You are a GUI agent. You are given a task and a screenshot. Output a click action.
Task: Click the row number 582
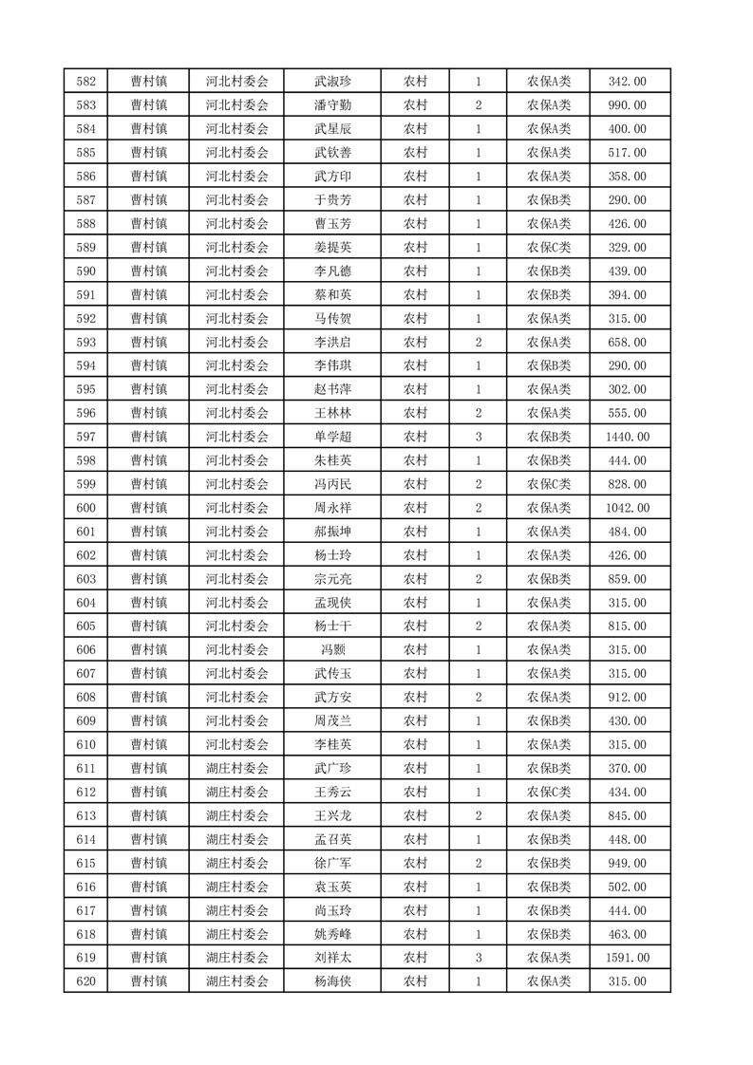pyautogui.click(x=85, y=82)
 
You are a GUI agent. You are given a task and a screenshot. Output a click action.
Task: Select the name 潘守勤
pyautogui.click(x=332, y=105)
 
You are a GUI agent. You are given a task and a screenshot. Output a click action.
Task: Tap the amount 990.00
pyautogui.click(x=627, y=105)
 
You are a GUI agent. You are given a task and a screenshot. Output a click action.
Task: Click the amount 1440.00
pyautogui.click(x=627, y=437)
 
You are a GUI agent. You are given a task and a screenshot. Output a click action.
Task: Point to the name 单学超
pyautogui.click(x=332, y=437)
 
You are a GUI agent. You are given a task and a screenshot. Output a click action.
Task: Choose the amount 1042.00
pyautogui.click(x=627, y=508)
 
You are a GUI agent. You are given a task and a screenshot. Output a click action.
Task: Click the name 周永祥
pyautogui.click(x=332, y=508)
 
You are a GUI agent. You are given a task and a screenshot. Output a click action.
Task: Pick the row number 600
pyautogui.click(x=85, y=508)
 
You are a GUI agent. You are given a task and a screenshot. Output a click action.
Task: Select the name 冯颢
pyautogui.click(x=332, y=650)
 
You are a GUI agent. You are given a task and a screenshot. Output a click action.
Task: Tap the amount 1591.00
pyautogui.click(x=627, y=958)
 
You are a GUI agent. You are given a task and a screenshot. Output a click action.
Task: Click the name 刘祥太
pyautogui.click(x=332, y=958)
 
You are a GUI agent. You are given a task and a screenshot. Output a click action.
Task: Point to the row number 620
pyautogui.click(x=85, y=981)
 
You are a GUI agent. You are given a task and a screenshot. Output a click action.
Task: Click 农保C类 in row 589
pyautogui.click(x=549, y=248)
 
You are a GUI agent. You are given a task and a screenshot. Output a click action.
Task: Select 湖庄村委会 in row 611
pyautogui.click(x=237, y=769)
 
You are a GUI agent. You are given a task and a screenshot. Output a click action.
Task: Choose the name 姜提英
pyautogui.click(x=332, y=248)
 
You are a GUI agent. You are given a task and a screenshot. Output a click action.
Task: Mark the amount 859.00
pyautogui.click(x=627, y=579)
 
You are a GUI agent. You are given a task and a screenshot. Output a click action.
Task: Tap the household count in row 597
pyautogui.click(x=479, y=437)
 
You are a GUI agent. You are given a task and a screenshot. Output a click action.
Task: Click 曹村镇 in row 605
pyautogui.click(x=149, y=626)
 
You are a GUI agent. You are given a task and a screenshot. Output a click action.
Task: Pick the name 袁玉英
pyautogui.click(x=332, y=887)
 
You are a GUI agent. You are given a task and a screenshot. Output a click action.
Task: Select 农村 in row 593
pyautogui.click(x=415, y=343)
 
